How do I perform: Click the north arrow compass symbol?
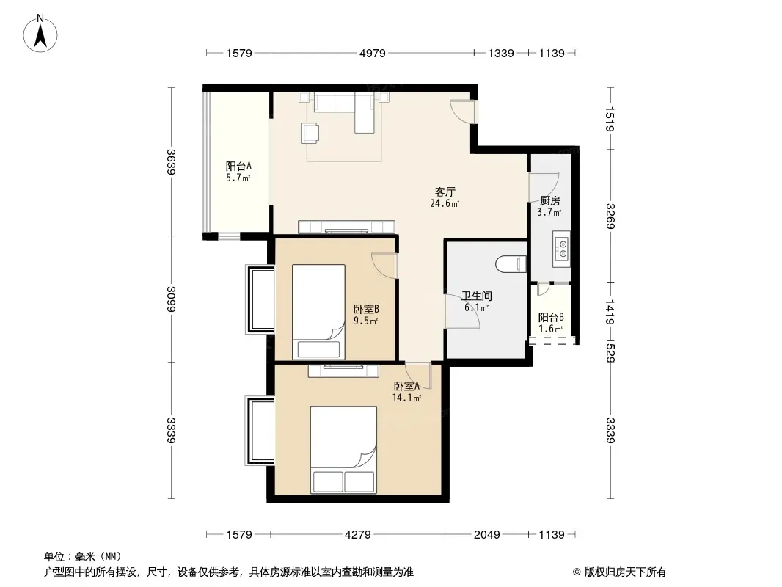[x=40, y=34]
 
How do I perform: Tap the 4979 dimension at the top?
[x=373, y=54]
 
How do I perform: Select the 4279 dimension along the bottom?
[x=357, y=535]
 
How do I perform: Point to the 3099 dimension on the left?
[x=171, y=299]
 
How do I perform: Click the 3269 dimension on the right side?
[x=610, y=216]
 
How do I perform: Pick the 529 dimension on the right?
[x=610, y=353]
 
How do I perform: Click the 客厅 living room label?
[x=445, y=192]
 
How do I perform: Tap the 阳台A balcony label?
[x=238, y=166]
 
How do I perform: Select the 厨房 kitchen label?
[x=549, y=201]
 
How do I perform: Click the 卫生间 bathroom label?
[x=477, y=296]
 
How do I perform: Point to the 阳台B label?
[x=551, y=317]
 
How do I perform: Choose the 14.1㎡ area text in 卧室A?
[x=406, y=398]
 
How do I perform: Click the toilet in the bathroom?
[x=511, y=264]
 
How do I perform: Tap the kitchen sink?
[x=562, y=249]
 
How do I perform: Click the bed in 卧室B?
[x=318, y=312]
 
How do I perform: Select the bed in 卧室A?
[x=343, y=450]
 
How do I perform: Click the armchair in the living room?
[x=310, y=133]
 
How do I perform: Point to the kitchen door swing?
[x=544, y=187]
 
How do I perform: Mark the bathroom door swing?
[x=462, y=311]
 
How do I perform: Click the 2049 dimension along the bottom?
[x=487, y=535]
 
